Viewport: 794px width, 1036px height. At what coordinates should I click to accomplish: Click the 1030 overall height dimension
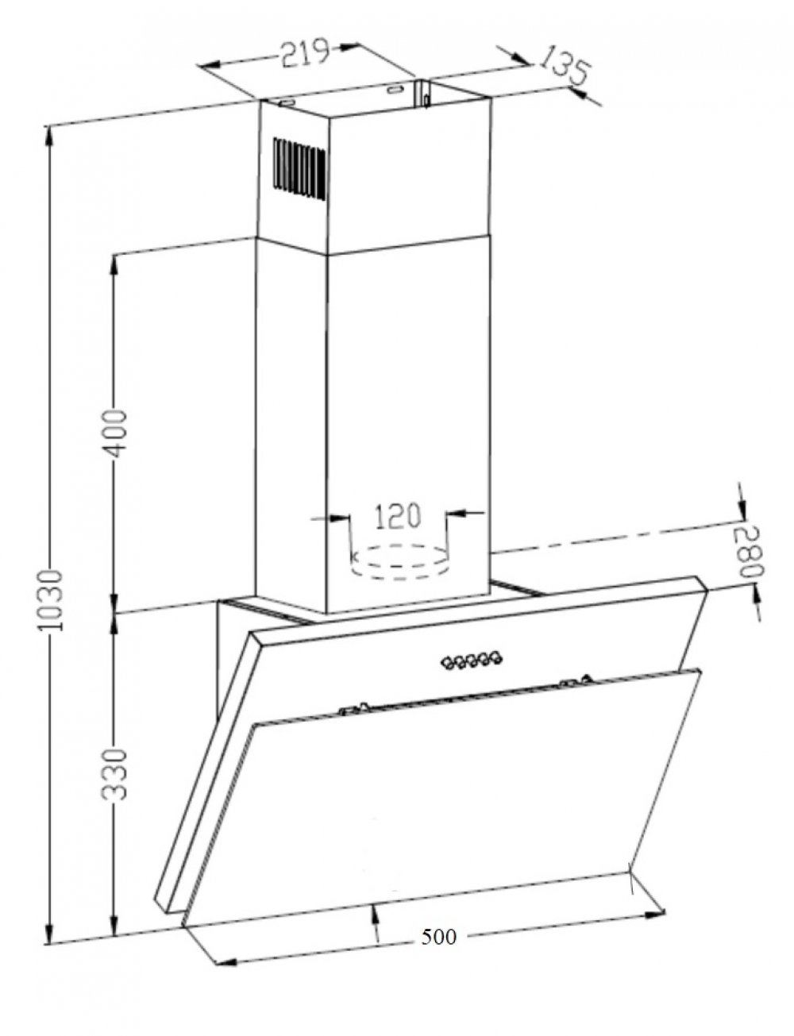tap(52, 599)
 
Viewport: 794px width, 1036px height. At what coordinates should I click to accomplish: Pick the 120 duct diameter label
tap(398, 515)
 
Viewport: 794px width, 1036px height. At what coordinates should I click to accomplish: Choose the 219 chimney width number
tap(304, 53)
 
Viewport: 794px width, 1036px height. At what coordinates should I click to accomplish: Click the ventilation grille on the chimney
tap(300, 169)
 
